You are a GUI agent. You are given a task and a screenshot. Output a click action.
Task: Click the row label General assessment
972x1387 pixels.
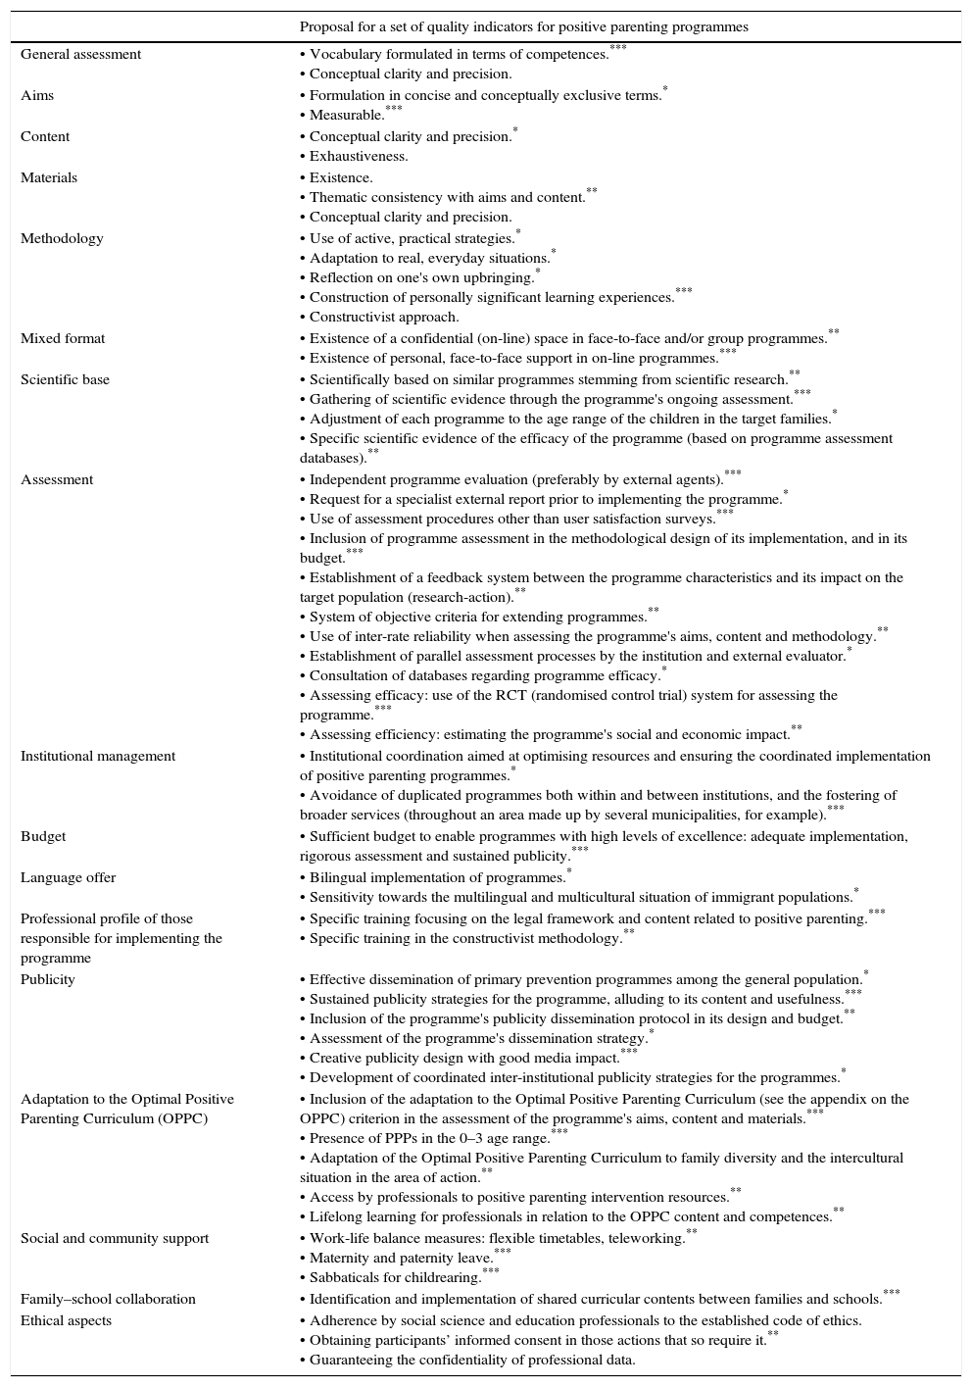80,55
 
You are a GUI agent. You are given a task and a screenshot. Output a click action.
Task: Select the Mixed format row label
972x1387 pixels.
63,339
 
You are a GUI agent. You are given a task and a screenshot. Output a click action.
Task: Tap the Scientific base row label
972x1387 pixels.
65,380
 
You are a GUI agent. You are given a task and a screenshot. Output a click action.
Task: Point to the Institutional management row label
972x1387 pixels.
98,757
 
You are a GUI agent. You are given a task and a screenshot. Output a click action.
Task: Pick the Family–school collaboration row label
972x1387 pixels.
108,1300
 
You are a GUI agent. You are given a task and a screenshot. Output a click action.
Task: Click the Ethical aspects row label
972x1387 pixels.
66,1321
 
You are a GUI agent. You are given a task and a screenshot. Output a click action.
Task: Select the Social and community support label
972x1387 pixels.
115,1239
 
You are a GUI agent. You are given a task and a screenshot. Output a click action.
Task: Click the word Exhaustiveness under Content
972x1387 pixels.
359,157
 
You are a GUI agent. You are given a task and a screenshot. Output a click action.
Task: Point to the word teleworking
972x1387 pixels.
647,1239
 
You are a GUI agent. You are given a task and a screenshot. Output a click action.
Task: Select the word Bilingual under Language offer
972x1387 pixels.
338,878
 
